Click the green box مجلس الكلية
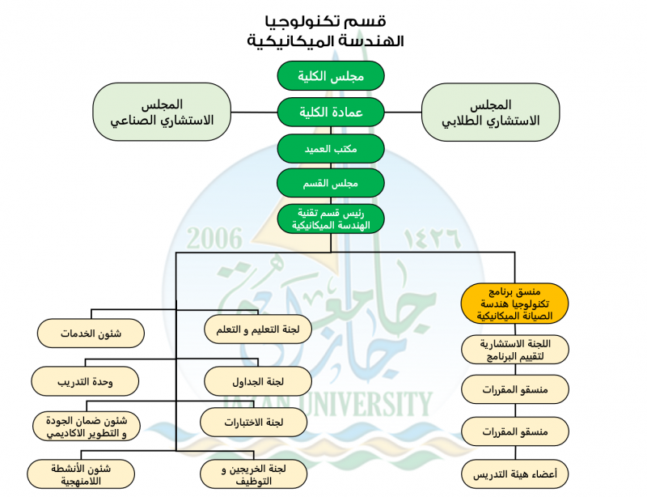[331, 75]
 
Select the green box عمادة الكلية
[331, 112]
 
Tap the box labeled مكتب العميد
[331, 148]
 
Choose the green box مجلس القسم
[331, 183]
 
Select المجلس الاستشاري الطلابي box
[490, 113]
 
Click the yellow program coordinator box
[515, 303]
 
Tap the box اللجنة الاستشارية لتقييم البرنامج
[515, 349]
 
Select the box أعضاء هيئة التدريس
[515, 472]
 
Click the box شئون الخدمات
[91, 333]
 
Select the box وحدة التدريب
[85, 380]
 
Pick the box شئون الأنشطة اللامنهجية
[80, 474]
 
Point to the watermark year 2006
[214, 239]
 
